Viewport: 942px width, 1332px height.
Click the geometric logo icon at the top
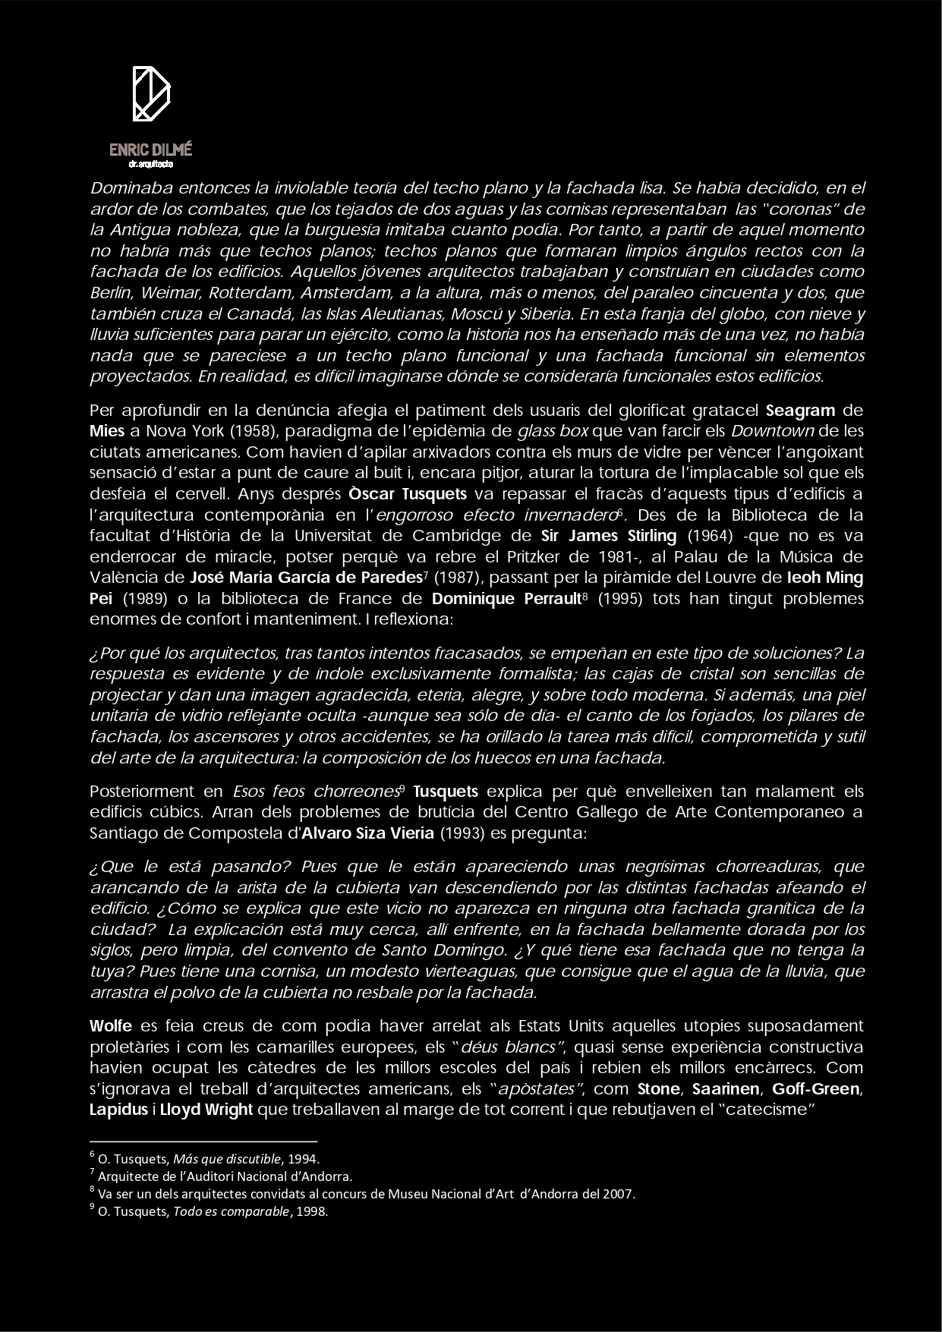[151, 94]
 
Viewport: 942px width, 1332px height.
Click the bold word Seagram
[800, 411]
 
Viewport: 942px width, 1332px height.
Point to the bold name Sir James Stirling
[610, 536]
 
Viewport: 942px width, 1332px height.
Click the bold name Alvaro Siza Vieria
[367, 833]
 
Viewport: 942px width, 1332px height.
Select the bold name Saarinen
[728, 1089]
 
